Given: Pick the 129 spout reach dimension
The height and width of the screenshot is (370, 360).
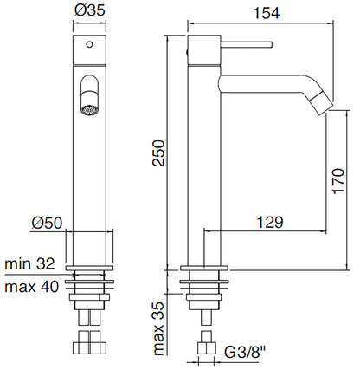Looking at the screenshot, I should coord(270,223).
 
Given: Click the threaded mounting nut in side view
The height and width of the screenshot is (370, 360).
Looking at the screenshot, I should coord(206,287).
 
